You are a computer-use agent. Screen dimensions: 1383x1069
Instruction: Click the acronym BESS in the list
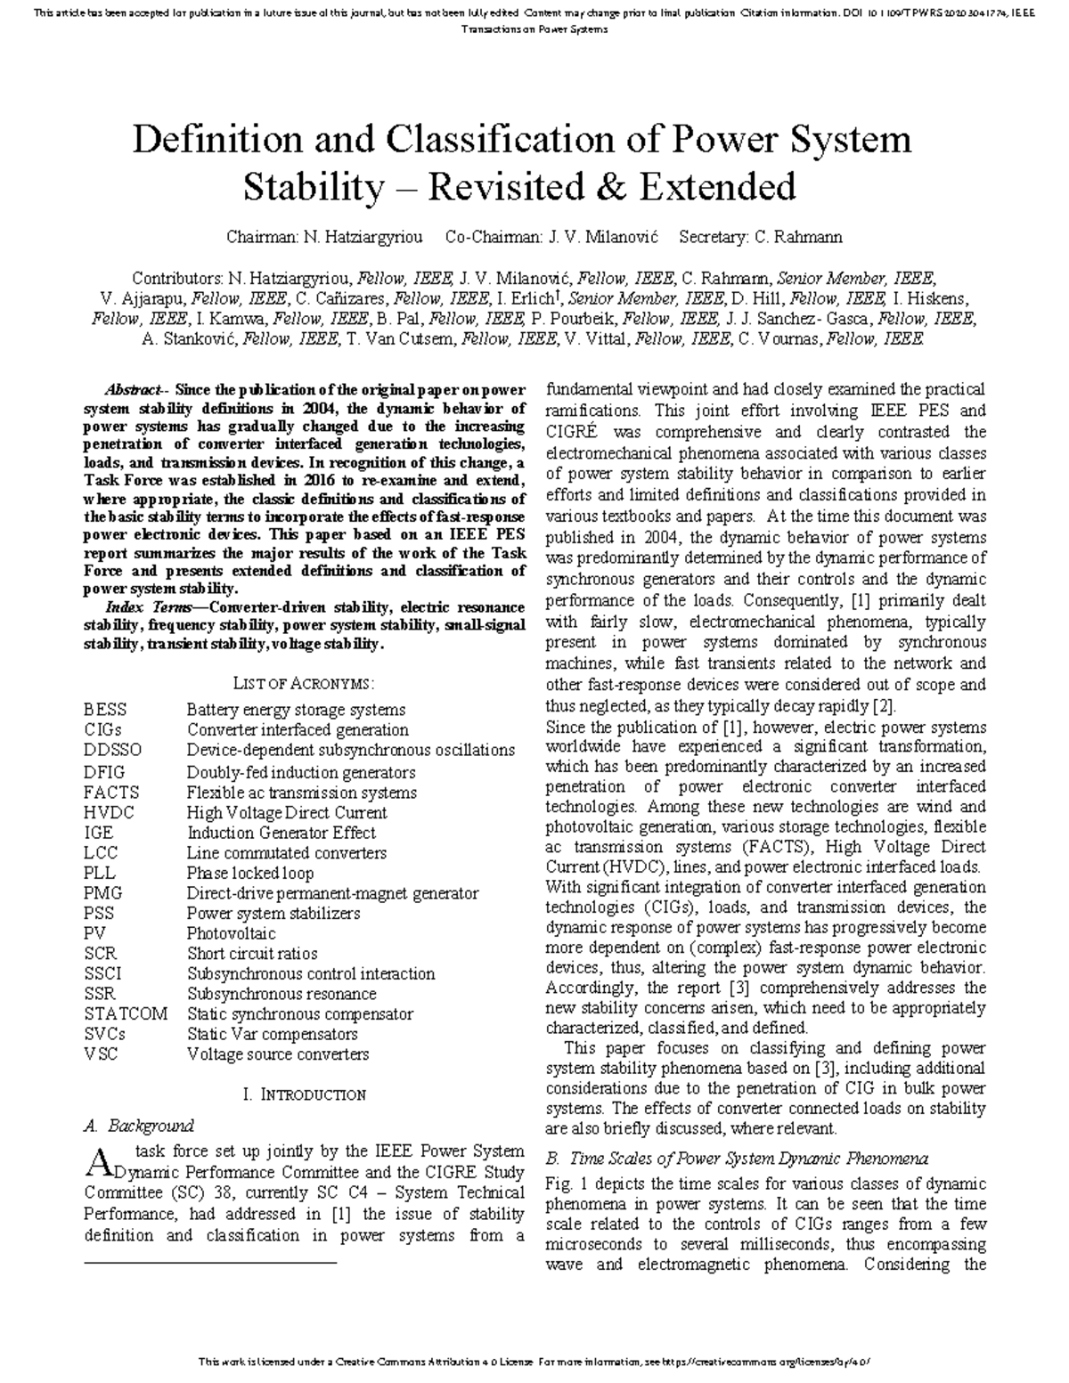(x=105, y=710)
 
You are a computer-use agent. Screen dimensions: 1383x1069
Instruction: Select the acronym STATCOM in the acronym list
(x=126, y=1014)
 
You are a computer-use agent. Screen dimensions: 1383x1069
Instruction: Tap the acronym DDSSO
(x=112, y=750)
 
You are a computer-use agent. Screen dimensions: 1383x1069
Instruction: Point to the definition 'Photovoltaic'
(x=231, y=933)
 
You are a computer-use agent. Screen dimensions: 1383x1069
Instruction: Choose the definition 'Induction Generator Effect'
(x=281, y=833)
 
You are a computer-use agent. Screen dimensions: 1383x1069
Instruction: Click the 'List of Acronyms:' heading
(x=304, y=683)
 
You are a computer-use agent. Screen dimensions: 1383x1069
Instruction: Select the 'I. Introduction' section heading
(x=304, y=1094)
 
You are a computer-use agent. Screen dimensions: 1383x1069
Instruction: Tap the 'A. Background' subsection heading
(x=138, y=1126)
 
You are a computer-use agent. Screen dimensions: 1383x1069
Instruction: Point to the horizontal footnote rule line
(x=210, y=1263)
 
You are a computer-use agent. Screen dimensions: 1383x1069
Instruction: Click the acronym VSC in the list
(x=101, y=1054)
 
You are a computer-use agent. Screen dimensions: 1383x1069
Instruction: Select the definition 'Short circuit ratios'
(x=252, y=954)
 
